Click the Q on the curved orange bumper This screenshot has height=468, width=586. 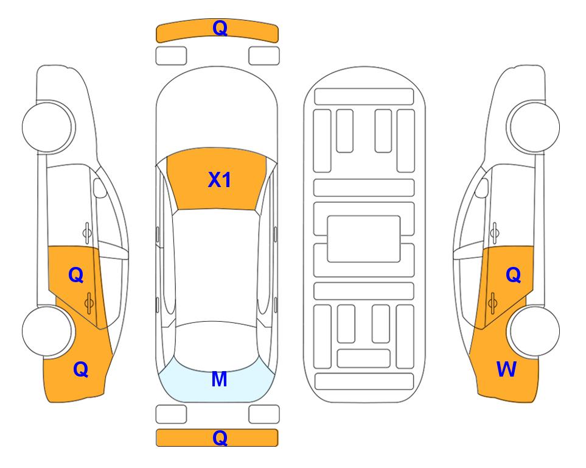(220, 28)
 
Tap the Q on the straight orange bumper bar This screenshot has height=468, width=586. (220, 438)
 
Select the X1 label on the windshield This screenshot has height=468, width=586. (220, 180)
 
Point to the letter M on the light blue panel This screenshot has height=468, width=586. (220, 379)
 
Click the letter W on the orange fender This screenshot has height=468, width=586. (506, 369)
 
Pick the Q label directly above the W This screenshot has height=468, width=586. (513, 275)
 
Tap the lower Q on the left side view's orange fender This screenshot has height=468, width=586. (81, 369)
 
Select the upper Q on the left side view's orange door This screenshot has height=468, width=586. (76, 275)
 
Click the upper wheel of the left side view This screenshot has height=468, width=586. (47, 127)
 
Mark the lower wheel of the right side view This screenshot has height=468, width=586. (534, 331)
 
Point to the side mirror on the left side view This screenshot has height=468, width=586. (99, 188)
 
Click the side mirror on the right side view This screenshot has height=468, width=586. (482, 188)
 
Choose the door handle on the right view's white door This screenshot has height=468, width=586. (494, 232)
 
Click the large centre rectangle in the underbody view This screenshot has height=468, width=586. (364, 239)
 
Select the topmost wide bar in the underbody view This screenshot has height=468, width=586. (364, 97)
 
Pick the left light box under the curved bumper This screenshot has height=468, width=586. (171, 56)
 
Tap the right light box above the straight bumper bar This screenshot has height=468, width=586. (264, 414)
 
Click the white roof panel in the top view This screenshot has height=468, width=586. (216, 266)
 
